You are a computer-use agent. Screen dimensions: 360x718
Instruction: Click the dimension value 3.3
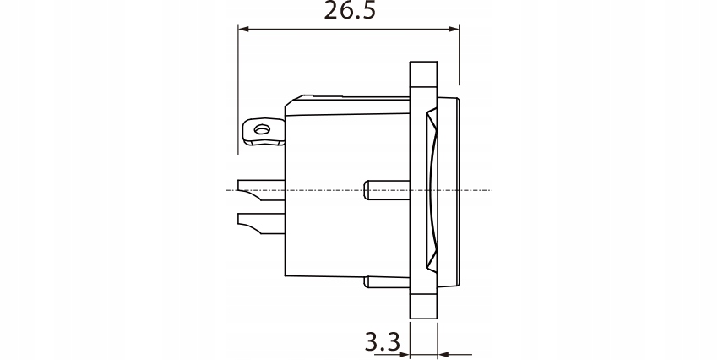point(381,343)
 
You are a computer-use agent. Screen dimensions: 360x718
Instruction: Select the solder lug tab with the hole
point(263,132)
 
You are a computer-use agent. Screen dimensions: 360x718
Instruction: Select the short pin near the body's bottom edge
point(387,282)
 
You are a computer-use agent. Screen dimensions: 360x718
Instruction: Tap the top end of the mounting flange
point(423,64)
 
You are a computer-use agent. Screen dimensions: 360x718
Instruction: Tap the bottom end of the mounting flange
point(423,316)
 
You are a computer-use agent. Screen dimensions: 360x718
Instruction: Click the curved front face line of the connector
point(433,191)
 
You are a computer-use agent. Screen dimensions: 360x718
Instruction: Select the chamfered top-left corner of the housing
point(288,101)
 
